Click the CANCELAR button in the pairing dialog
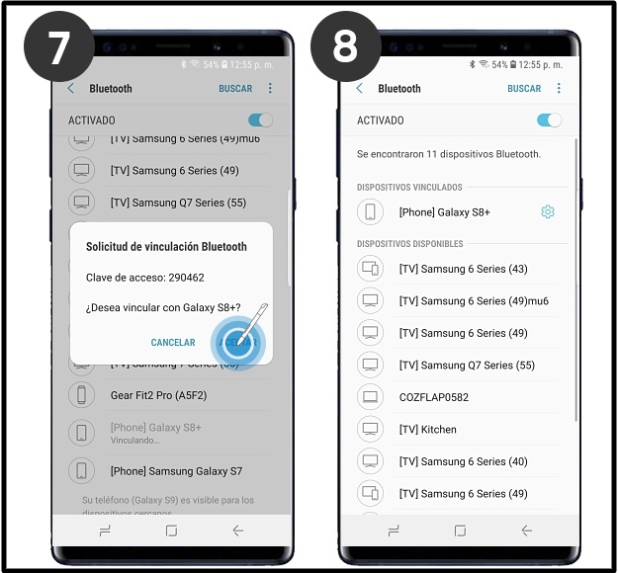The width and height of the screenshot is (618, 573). (x=173, y=343)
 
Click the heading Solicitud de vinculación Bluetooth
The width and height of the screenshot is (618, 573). (x=166, y=246)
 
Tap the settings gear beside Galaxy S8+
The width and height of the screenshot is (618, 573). (x=548, y=212)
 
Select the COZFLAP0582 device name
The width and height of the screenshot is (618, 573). (x=433, y=397)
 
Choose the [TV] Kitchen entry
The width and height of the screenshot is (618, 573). (x=427, y=430)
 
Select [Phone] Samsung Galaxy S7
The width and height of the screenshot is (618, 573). (x=176, y=471)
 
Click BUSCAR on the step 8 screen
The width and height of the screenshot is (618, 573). (x=524, y=89)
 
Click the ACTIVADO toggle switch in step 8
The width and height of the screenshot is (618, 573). (x=548, y=121)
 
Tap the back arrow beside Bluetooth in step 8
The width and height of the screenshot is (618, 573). (x=359, y=89)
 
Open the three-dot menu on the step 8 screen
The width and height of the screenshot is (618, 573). (x=559, y=89)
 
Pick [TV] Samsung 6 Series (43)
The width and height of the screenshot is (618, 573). (x=463, y=269)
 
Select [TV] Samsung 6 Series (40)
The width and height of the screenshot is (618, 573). (x=463, y=461)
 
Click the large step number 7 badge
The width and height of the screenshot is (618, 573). (x=59, y=46)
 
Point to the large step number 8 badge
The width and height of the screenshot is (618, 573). (x=345, y=46)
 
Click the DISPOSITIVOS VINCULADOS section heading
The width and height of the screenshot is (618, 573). (x=409, y=187)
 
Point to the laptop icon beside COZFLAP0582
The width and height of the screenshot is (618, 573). (x=370, y=397)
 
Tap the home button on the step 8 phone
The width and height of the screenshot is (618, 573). (x=459, y=531)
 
